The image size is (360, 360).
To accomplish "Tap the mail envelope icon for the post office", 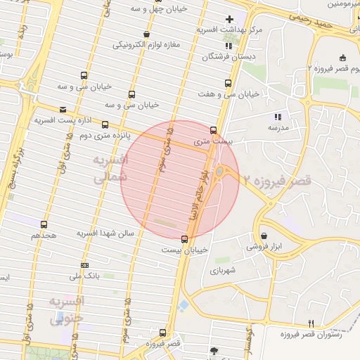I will point(63,110).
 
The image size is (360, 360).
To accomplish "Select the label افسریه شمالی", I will point(110,169).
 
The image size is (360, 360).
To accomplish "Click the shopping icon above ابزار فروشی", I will point(264,236).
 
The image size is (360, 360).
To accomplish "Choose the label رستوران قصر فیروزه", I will point(311,334).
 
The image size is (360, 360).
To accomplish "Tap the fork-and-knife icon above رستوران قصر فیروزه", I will point(311,323).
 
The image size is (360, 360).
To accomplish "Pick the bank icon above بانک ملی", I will point(86,265).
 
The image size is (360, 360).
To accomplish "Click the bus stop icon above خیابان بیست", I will point(184,238).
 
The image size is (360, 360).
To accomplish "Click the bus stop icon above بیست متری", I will point(214,130).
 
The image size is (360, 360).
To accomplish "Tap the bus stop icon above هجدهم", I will point(44,224).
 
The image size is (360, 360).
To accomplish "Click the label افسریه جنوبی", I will point(67,310).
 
